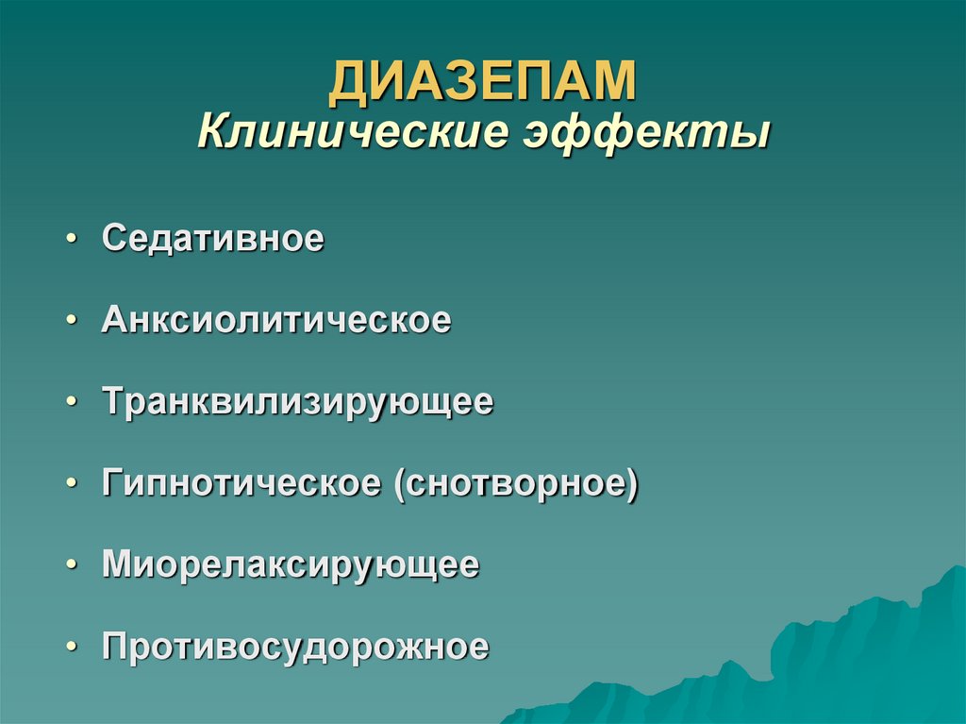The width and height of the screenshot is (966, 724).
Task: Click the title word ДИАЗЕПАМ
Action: coord(482,81)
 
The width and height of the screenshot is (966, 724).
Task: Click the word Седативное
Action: coord(213,239)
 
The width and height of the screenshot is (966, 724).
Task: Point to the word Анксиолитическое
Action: coord(276,321)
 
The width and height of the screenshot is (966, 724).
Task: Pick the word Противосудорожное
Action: coord(295,648)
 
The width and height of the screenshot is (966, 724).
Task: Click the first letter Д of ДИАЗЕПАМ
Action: coord(348,82)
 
